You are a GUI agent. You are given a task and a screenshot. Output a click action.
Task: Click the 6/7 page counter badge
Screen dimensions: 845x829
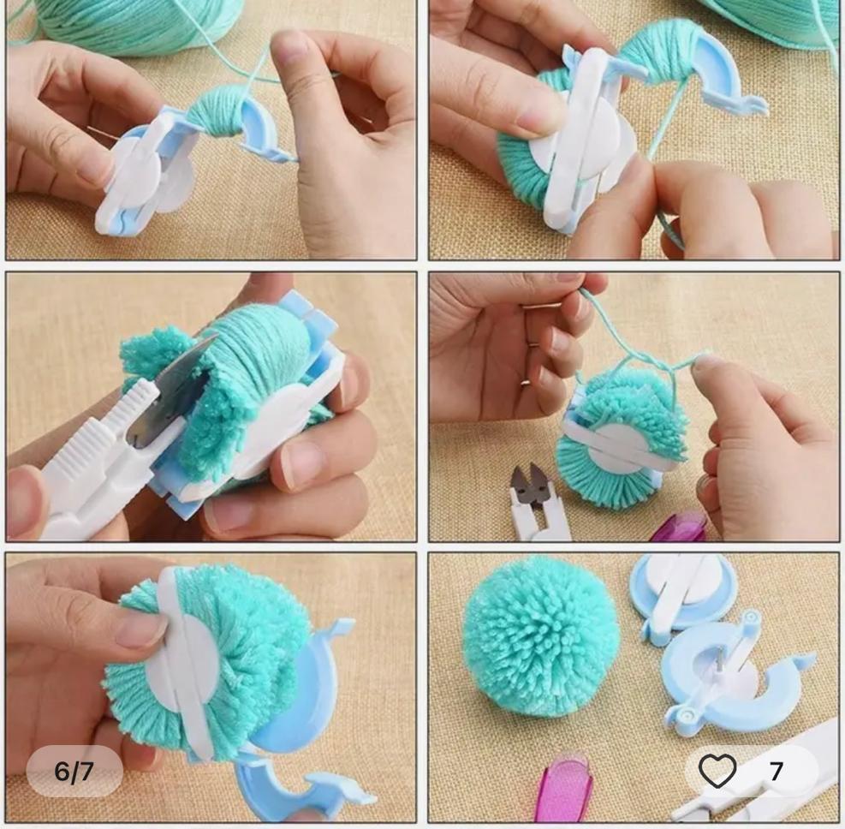coord(74,772)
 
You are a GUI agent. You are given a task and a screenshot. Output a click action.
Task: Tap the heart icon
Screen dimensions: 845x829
coord(717,771)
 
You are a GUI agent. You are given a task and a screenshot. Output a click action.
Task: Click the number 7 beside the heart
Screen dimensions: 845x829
coord(776,772)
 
